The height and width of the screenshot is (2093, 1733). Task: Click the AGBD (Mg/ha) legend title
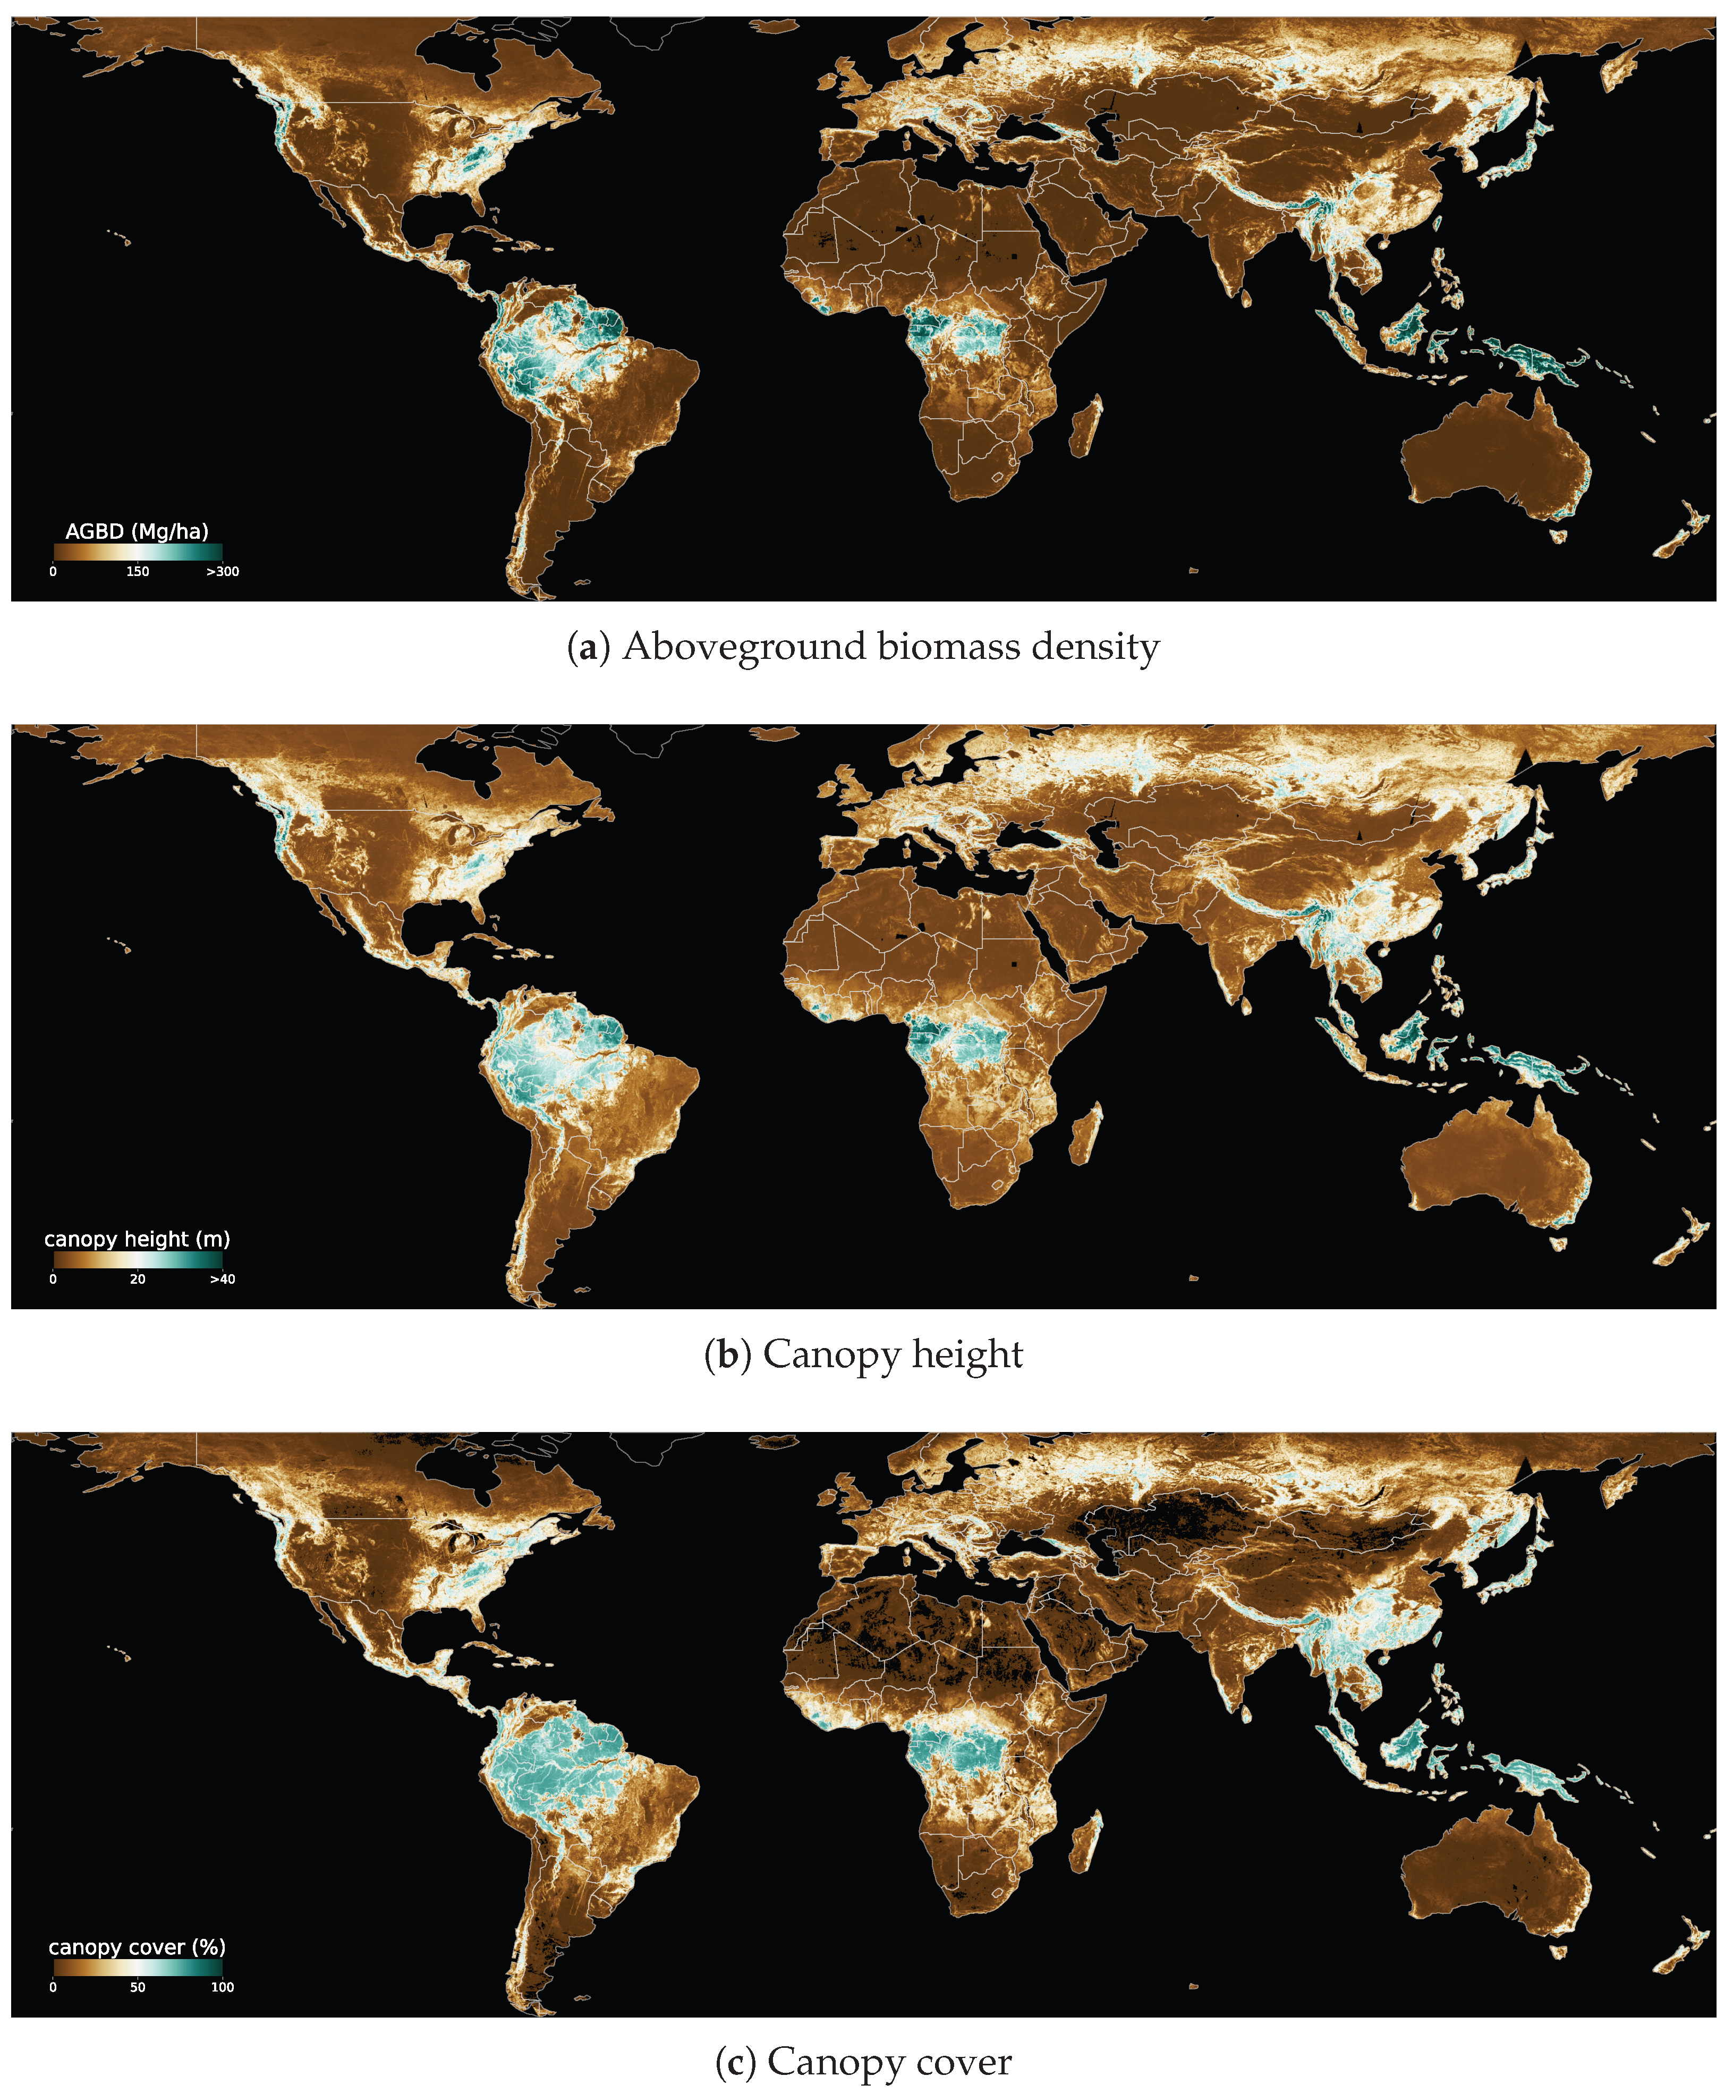pyautogui.click(x=137, y=531)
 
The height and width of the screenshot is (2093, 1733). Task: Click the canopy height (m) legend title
pyautogui.click(x=137, y=1239)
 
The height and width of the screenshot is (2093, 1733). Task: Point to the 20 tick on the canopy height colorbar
pyautogui.click(x=138, y=1279)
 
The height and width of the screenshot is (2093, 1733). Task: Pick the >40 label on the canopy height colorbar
pyautogui.click(x=222, y=1279)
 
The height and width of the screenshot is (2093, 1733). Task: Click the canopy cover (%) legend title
pyautogui.click(x=137, y=1946)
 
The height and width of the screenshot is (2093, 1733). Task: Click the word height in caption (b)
pyautogui.click(x=967, y=1355)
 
